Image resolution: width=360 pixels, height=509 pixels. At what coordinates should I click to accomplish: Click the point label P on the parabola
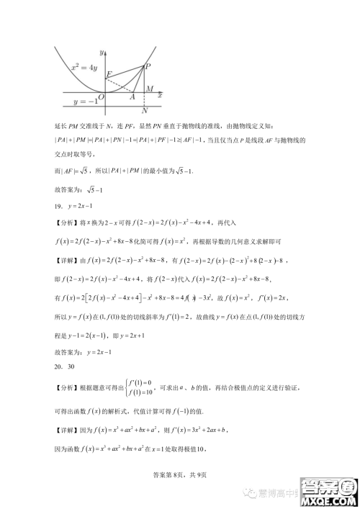[148, 66]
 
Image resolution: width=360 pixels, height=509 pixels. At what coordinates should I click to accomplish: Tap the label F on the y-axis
[109, 74]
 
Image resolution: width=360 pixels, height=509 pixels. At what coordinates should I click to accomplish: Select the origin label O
[102, 96]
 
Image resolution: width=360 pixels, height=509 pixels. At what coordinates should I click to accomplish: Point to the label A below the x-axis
[132, 97]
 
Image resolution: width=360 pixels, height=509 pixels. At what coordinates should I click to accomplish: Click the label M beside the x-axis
[149, 89]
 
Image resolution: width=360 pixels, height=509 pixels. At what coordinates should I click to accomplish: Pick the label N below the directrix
[145, 111]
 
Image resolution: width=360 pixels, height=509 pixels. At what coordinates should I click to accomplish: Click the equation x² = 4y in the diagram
[84, 67]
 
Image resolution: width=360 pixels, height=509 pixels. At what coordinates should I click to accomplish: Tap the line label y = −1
[84, 103]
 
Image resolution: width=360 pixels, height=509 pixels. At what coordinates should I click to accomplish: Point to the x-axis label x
[159, 95]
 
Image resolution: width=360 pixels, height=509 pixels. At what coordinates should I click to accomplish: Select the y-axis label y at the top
[102, 52]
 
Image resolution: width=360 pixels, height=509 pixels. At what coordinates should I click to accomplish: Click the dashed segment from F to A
[120, 85]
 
